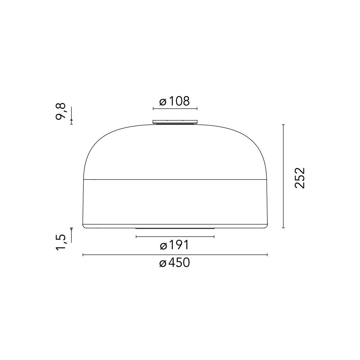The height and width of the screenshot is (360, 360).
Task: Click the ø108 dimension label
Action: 175,101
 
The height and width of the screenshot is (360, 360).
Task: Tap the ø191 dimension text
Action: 175,245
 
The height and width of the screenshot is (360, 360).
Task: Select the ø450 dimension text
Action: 175,263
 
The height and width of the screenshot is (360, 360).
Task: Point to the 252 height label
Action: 300,178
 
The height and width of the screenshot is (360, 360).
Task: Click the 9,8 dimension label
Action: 61,112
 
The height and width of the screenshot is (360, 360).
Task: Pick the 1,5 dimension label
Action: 61,243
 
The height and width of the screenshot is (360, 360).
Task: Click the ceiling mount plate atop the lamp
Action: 175,122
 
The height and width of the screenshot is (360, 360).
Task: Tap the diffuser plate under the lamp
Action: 175,228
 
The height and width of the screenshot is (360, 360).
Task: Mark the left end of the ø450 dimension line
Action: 83,255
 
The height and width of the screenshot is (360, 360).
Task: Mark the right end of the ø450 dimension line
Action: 267,255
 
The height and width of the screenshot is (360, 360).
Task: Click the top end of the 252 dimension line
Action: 284,125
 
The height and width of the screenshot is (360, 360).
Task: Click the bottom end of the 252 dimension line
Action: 284,228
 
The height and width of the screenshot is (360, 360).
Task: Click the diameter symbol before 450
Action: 163,264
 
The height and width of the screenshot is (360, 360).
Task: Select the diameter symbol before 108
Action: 163,102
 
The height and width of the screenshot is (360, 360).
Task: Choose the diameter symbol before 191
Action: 163,245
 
